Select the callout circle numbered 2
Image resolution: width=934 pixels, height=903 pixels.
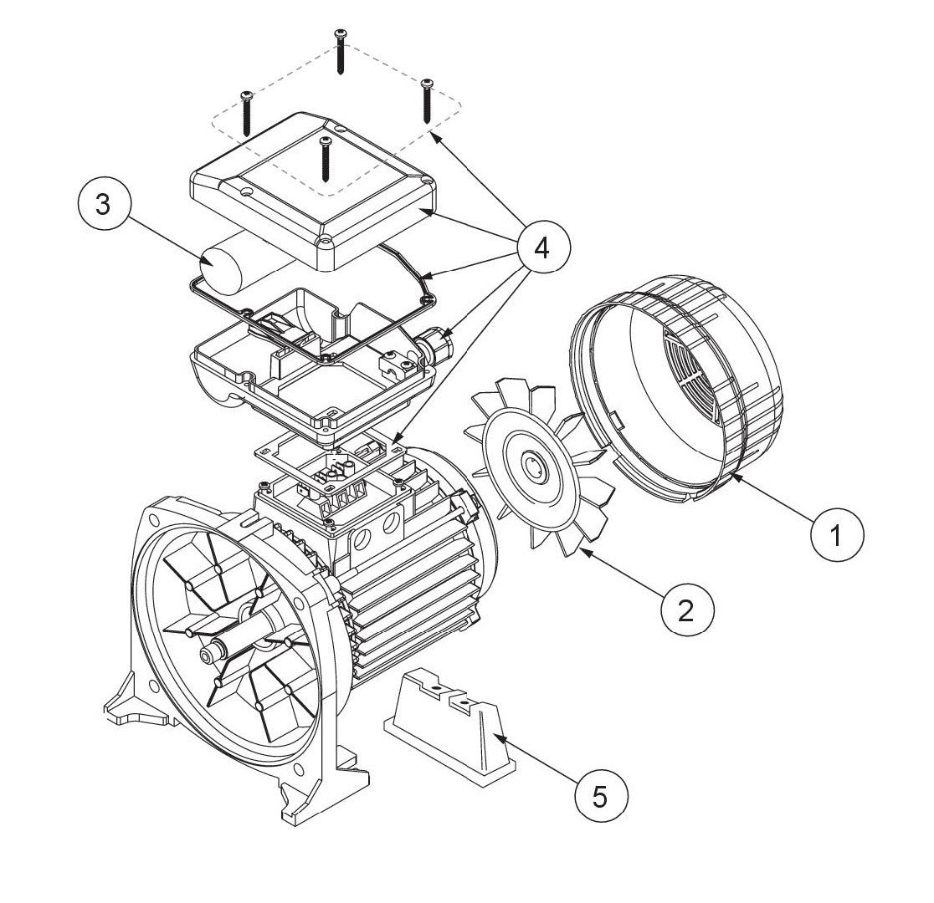[x=687, y=610]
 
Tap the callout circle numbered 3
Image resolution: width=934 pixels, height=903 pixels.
[x=102, y=206]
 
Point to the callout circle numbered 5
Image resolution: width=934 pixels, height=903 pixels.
[x=599, y=796]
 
